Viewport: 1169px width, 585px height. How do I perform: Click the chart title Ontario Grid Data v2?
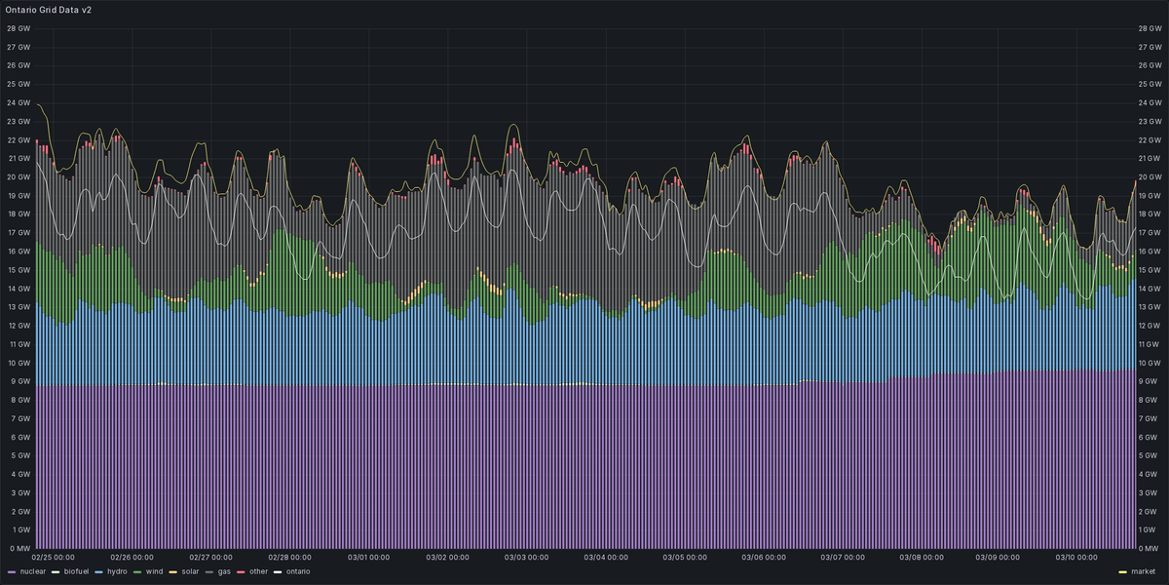[49, 9]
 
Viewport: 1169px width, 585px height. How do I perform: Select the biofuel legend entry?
[76, 571]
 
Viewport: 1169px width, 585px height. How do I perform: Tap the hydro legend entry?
[116, 571]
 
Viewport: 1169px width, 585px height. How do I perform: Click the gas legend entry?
[223, 571]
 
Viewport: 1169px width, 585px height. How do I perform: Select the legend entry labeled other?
[257, 571]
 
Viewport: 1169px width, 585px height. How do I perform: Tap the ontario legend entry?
[296, 571]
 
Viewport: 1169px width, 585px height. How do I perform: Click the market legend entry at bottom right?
[1143, 571]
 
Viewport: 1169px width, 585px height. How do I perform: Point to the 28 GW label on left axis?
[19, 28]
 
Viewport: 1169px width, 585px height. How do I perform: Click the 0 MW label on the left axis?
[19, 548]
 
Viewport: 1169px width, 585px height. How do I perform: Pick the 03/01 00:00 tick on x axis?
[368, 558]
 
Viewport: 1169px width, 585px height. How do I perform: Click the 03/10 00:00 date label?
[1078, 558]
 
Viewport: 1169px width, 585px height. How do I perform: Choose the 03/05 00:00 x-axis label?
[684, 558]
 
